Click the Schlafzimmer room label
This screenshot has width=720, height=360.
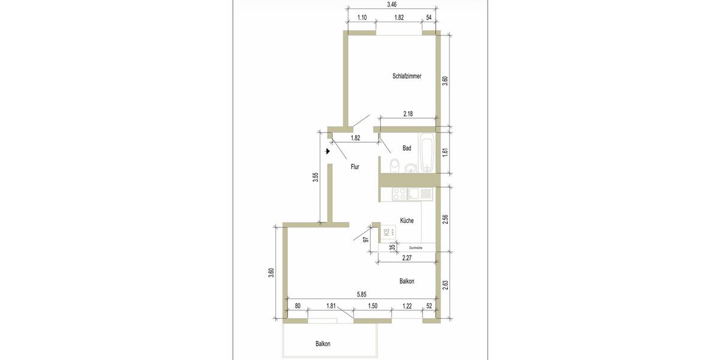pyautogui.click(x=406, y=76)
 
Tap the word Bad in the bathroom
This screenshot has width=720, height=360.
pyautogui.click(x=407, y=148)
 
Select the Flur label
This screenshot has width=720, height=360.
pyautogui.click(x=355, y=167)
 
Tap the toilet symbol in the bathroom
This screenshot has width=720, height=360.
pyautogui.click(x=394, y=164)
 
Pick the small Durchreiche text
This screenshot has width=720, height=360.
pyautogui.click(x=415, y=247)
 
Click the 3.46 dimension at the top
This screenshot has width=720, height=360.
pyautogui.click(x=392, y=4)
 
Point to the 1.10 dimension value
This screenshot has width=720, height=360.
pyautogui.click(x=362, y=18)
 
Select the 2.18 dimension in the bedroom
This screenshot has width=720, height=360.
pyautogui.click(x=409, y=113)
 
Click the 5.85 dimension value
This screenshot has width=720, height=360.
pyautogui.click(x=362, y=294)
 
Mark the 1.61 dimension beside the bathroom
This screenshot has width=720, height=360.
pyautogui.click(x=445, y=152)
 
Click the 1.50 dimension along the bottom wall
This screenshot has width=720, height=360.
pyautogui.click(x=372, y=306)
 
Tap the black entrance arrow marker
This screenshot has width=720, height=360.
pyautogui.click(x=328, y=152)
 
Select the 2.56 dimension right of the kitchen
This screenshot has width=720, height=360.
pyautogui.click(x=445, y=220)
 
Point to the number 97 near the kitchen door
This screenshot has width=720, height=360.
pyautogui.click(x=365, y=239)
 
